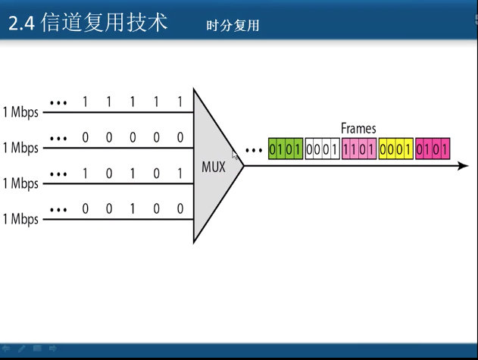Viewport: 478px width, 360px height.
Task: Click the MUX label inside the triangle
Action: [x=214, y=167]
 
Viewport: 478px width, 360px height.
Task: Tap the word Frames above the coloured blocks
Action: [x=358, y=129]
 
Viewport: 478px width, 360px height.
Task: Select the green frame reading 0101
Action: [x=286, y=149]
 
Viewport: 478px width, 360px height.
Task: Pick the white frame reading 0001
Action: [x=322, y=149]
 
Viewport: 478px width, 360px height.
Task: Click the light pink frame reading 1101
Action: [x=359, y=149]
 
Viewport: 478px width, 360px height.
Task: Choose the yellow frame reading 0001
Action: [x=395, y=149]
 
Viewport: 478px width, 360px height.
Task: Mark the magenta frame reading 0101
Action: [x=433, y=149]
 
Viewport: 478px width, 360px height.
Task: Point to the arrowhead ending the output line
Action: [x=463, y=166]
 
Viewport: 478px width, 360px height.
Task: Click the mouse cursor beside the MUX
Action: [x=236, y=155]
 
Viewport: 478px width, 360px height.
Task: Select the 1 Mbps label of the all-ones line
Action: [x=20, y=112]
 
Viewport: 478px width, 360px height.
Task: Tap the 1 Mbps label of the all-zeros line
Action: [x=20, y=148]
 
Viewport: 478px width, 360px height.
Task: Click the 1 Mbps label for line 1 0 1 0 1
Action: [x=20, y=183]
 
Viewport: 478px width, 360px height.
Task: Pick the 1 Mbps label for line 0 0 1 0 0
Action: [x=20, y=220]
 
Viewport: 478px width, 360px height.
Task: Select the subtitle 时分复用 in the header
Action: [x=233, y=26]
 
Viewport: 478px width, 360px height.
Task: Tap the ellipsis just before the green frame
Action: [x=256, y=149]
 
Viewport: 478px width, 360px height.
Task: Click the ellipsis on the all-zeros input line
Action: [x=58, y=137]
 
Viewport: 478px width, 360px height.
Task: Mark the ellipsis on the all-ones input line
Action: [x=58, y=102]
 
